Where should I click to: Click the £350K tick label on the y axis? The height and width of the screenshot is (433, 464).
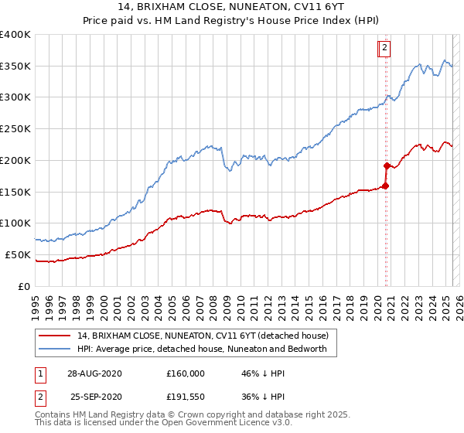[15, 66]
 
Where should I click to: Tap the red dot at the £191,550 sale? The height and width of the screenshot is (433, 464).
[386, 165]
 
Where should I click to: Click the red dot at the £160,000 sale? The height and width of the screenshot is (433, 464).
[385, 186]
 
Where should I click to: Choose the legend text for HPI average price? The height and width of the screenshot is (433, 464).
[203, 349]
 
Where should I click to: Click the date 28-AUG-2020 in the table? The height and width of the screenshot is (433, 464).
[94, 373]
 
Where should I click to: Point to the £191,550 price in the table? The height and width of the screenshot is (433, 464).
[185, 395]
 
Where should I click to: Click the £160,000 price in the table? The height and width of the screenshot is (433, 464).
[185, 373]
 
